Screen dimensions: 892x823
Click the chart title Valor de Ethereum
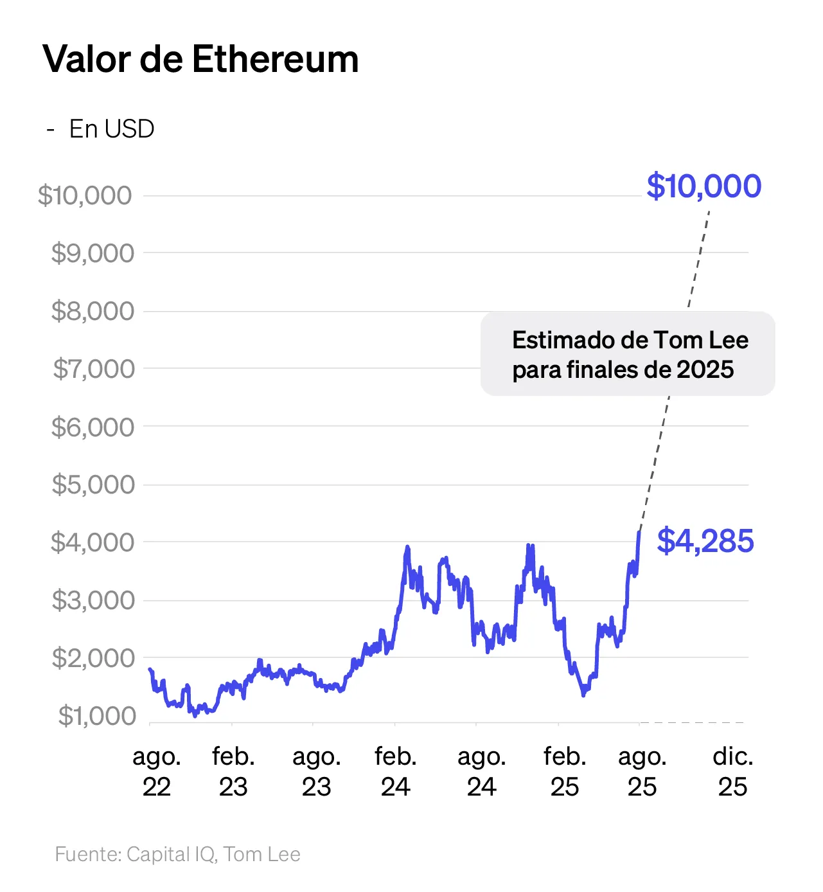click(200, 60)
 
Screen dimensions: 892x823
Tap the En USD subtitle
click(111, 129)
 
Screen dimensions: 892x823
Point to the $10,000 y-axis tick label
click(85, 195)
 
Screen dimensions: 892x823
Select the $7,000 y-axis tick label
click(94, 369)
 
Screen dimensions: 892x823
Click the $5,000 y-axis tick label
click(93, 485)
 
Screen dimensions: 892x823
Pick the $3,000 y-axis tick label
click(93, 600)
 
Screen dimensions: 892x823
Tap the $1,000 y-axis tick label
click(97, 716)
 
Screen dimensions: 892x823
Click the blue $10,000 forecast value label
click(704, 186)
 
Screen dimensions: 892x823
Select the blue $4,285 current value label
click(705, 541)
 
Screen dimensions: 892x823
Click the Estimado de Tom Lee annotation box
click(628, 353)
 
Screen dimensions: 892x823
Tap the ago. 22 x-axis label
click(157, 772)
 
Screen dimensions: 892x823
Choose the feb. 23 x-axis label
click(233, 772)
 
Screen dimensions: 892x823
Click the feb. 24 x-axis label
click(396, 772)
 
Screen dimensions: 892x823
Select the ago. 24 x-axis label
click(482, 772)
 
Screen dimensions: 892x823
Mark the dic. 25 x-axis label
click(733, 772)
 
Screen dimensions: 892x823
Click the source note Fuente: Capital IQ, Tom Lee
click(177, 854)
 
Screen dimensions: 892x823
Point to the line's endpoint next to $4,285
click(639, 531)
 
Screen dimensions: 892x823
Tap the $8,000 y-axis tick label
click(93, 311)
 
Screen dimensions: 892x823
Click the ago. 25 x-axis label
click(642, 772)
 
